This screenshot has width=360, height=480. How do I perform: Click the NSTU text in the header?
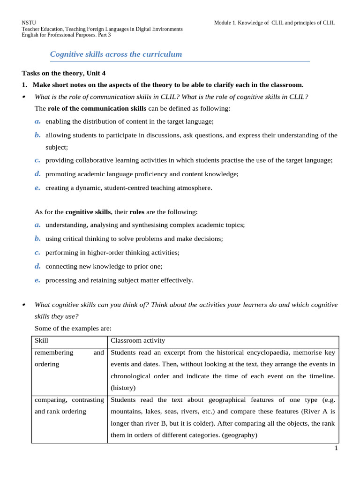tap(29, 22)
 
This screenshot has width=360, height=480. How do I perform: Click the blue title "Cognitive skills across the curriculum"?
tap(116, 54)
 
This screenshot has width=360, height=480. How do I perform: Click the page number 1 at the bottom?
tap(336, 448)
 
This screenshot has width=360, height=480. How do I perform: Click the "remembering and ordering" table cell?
tap(69, 359)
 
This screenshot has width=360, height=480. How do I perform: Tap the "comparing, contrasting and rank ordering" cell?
tap(69, 405)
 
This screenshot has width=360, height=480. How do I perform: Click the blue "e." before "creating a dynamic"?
tap(37, 187)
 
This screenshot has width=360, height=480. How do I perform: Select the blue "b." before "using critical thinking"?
tap(37, 239)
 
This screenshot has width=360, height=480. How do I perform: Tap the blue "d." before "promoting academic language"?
tap(37, 174)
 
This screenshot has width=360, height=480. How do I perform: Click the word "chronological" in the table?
tap(131, 376)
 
